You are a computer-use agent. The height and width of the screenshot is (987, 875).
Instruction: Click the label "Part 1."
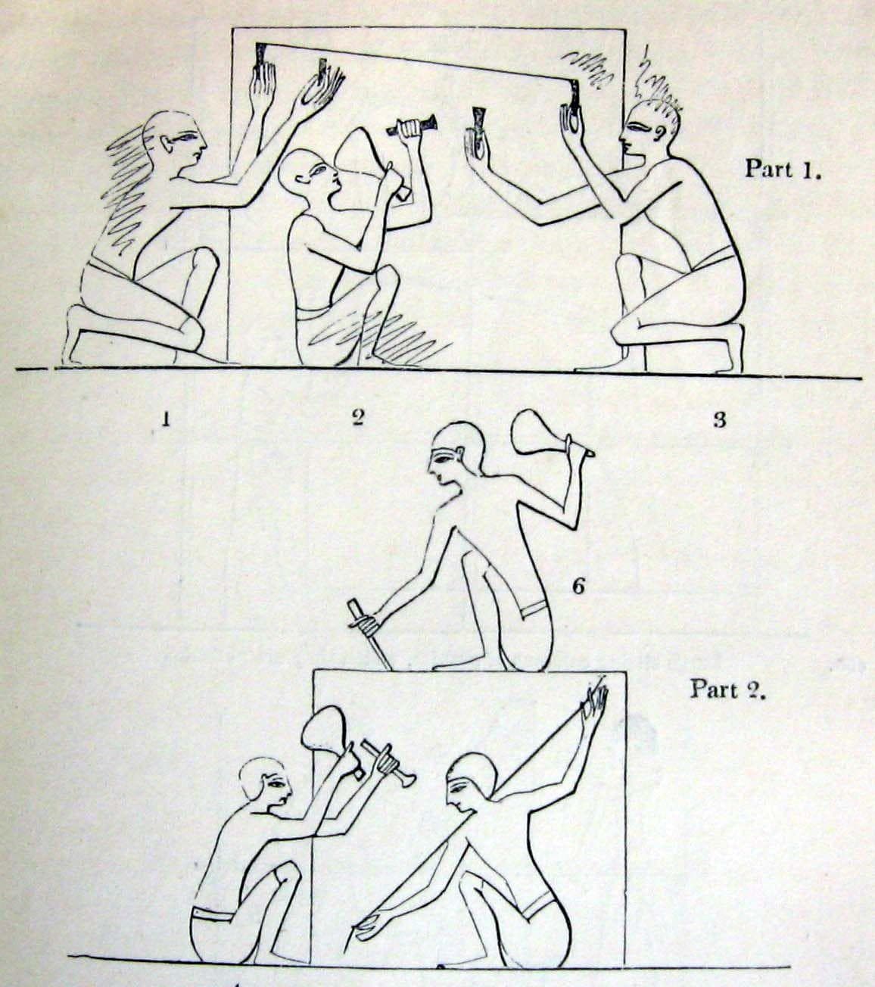point(783,168)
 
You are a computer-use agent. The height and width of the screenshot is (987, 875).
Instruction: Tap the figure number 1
point(164,419)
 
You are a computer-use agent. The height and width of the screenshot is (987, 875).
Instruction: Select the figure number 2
point(358,417)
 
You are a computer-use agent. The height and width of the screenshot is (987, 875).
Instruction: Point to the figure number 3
point(720,419)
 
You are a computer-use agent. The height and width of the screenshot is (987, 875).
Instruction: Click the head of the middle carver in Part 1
point(305,174)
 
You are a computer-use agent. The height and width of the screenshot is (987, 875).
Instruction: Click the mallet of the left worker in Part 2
point(326,731)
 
